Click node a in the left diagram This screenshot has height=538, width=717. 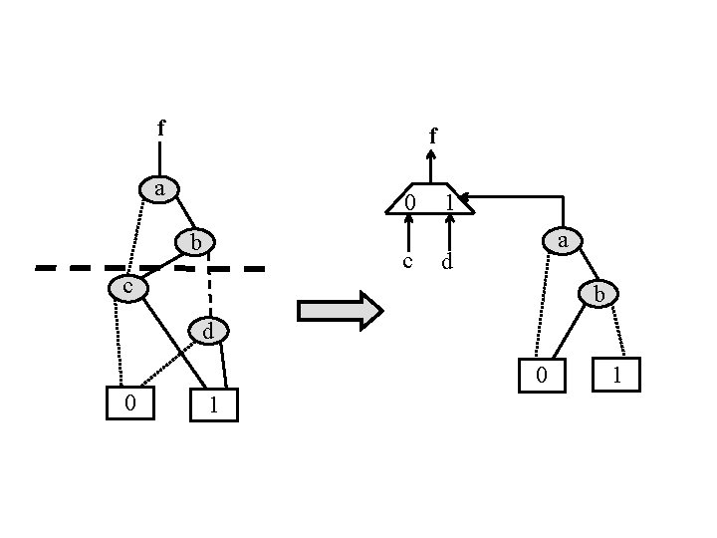[159, 188]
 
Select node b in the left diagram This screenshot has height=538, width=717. [196, 242]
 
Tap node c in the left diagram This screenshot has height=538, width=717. [127, 288]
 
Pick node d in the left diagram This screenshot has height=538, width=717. [209, 330]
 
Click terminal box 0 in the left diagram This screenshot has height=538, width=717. [130, 403]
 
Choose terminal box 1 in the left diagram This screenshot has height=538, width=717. [213, 404]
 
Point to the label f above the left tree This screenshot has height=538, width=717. [161, 128]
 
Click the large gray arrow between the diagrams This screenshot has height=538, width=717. [340, 310]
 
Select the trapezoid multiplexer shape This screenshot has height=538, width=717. [430, 199]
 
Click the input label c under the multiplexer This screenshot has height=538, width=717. [407, 262]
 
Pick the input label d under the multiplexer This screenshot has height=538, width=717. [448, 263]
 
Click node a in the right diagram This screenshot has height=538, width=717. [563, 240]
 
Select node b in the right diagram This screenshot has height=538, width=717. [599, 294]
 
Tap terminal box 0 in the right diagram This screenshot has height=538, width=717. [541, 375]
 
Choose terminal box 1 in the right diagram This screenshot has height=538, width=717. [615, 375]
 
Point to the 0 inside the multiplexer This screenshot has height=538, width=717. [409, 203]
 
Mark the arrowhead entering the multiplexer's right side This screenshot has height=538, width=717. [465, 198]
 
